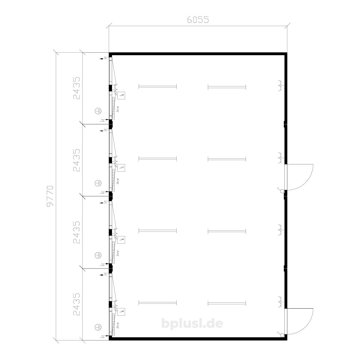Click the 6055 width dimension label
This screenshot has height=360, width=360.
pyautogui.click(x=198, y=20)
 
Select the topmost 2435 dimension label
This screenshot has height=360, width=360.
pyautogui.click(x=76, y=88)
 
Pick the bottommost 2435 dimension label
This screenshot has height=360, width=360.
pyautogui.click(x=76, y=304)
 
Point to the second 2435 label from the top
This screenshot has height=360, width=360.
pyautogui.click(x=76, y=160)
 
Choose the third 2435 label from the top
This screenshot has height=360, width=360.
pyautogui.click(x=76, y=232)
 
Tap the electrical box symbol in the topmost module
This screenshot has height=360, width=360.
pyautogui.click(x=121, y=96)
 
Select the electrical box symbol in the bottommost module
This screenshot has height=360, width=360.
pyautogui.click(x=121, y=312)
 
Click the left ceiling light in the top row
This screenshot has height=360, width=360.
pyautogui.click(x=158, y=87)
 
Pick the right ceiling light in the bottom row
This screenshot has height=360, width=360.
pyautogui.click(x=227, y=302)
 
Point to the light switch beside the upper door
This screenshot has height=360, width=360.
pyautogui.click(x=281, y=190)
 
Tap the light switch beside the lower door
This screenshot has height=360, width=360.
pyautogui.click(x=281, y=334)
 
